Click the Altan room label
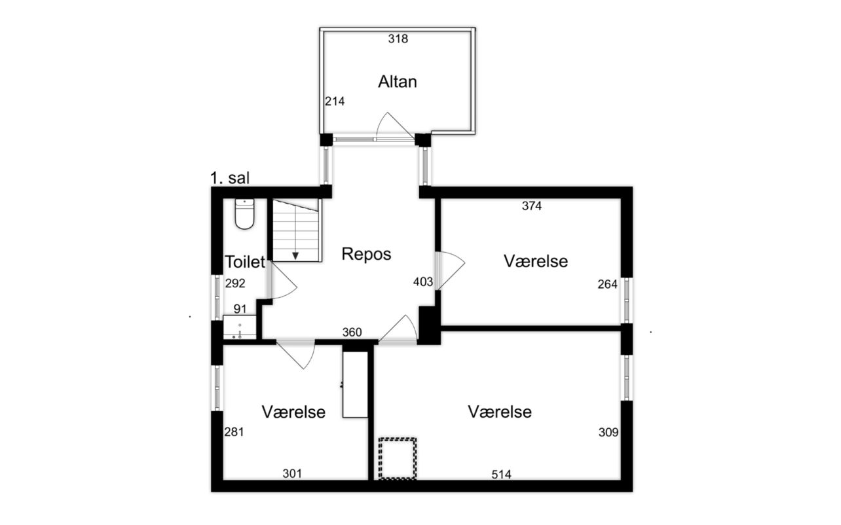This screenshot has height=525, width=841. click(x=397, y=82)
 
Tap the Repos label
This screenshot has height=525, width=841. click(x=366, y=255)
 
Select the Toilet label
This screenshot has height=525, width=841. click(x=245, y=262)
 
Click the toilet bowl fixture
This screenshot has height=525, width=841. click(x=244, y=213)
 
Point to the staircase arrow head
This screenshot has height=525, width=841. click(x=295, y=256)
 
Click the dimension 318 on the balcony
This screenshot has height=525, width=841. click(x=398, y=39)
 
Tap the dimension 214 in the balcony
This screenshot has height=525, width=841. click(x=335, y=101)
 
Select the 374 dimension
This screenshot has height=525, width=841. click(x=532, y=206)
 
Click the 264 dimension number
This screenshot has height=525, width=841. click(x=607, y=285)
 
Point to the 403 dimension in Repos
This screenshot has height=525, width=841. click(x=423, y=282)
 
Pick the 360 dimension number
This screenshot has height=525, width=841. click(x=352, y=332)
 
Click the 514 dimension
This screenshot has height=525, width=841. click(x=502, y=475)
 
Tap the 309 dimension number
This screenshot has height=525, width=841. click(x=608, y=433)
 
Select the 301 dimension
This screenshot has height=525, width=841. click(x=292, y=474)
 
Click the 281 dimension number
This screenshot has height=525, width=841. click(x=234, y=432)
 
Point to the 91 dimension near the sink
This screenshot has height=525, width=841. click(x=240, y=309)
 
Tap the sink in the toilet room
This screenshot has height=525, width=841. click(x=240, y=327)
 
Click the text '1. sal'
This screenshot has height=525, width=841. click(x=230, y=178)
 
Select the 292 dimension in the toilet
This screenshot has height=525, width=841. click(x=235, y=283)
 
